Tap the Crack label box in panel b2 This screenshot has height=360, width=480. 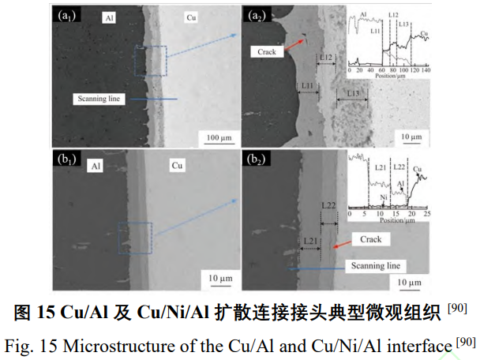pyautogui.click(x=369, y=239)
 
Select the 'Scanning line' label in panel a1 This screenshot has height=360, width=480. pyautogui.click(x=99, y=99)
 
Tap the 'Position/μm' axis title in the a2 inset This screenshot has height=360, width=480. pyautogui.click(x=384, y=77)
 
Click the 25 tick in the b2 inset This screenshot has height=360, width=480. pyautogui.click(x=427, y=214)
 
